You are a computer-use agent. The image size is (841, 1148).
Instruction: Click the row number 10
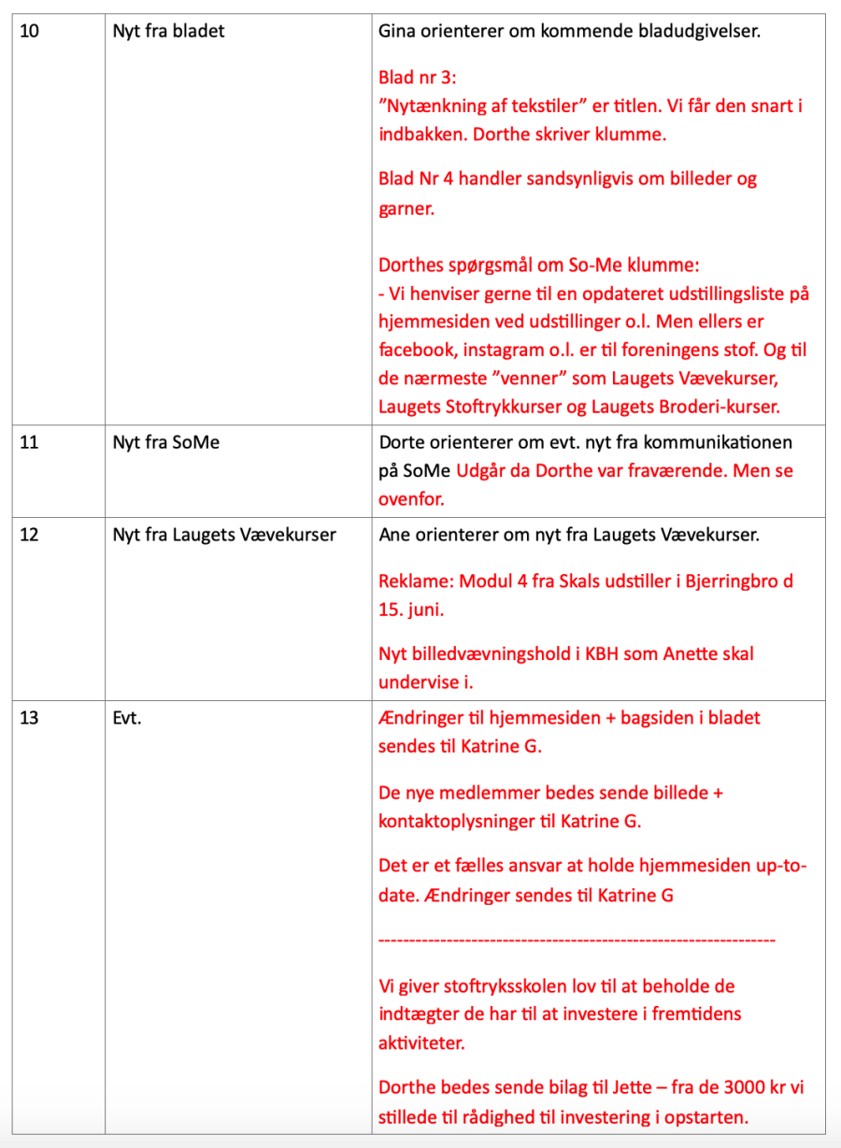tap(29, 32)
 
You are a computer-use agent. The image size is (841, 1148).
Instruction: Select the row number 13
tap(29, 719)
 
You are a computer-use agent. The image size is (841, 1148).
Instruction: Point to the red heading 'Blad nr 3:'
tap(418, 78)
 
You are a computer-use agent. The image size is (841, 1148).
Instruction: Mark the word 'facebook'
tap(415, 351)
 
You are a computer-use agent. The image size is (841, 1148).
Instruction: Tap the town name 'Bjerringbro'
tap(726, 581)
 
